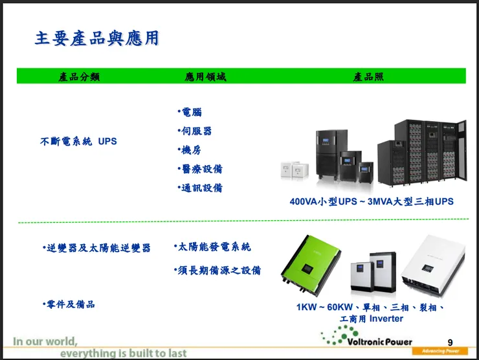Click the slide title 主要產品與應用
pyautogui.click(x=97, y=38)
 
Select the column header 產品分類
pyautogui.click(x=79, y=76)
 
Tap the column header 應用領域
pyautogui.click(x=206, y=76)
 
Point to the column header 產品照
pyautogui.click(x=368, y=76)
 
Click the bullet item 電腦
pyautogui.click(x=190, y=112)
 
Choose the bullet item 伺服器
pyautogui.click(x=195, y=131)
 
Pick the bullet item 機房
pyautogui.click(x=190, y=150)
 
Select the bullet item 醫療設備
pyautogui.click(x=200, y=169)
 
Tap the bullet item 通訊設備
pyautogui.click(x=200, y=188)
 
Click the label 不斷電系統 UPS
pyautogui.click(x=78, y=141)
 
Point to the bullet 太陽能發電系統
pyautogui.click(x=212, y=247)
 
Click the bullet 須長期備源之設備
pyautogui.click(x=217, y=270)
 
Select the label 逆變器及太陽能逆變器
pyautogui.click(x=96, y=247)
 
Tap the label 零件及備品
pyautogui.click(x=69, y=304)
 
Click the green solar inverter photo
pyautogui.click(x=311, y=265)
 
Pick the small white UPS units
pyautogui.click(x=295, y=170)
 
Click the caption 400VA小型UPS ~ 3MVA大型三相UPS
pyautogui.click(x=372, y=201)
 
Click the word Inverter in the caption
pyautogui.click(x=386, y=319)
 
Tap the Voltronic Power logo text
pyautogui.click(x=380, y=342)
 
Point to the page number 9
pyautogui.click(x=450, y=343)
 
